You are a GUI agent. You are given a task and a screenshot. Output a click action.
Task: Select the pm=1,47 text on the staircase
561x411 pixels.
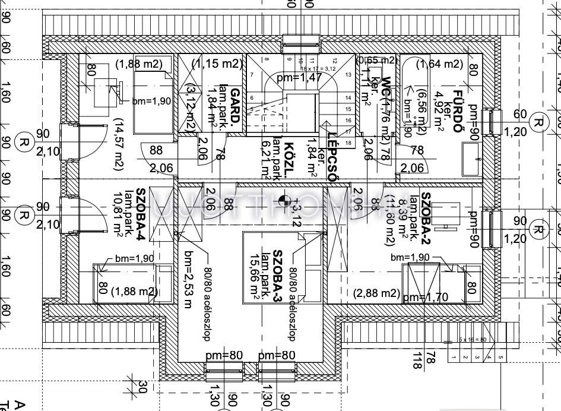tap(299, 77)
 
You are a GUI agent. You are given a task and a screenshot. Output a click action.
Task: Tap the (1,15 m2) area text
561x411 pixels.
tap(217, 64)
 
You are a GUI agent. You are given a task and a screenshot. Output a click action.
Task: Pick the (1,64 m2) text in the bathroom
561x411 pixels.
tap(439, 64)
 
